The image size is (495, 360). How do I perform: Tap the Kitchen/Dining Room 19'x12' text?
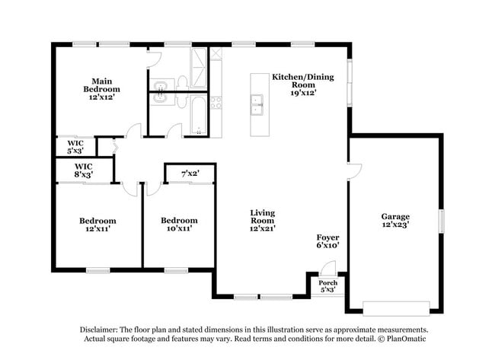tap(302, 84)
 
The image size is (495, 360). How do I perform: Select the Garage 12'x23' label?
tap(395, 221)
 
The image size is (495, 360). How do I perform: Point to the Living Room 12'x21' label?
tap(263, 221)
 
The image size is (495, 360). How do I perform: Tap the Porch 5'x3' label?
tap(327, 285)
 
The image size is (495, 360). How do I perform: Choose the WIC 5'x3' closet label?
tap(75, 146)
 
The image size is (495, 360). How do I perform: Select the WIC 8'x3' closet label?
tap(84, 170)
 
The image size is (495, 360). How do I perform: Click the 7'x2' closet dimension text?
tap(190, 174)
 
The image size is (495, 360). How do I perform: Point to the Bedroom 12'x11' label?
tap(97, 225)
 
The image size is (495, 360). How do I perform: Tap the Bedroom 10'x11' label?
tap(179, 225)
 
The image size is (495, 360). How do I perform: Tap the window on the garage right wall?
tap(440, 221)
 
